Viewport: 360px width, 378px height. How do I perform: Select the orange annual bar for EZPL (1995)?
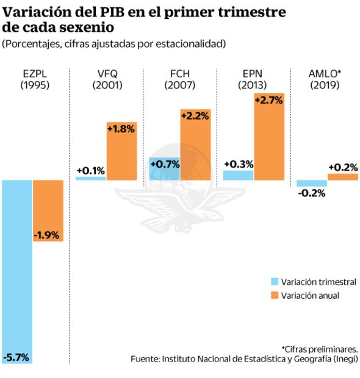(x=48, y=210)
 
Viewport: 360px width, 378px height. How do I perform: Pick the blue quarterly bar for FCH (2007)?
(x=164, y=168)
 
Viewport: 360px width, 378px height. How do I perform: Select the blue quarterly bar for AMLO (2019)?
(x=312, y=184)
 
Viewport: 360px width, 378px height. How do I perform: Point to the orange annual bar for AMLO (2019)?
(x=342, y=177)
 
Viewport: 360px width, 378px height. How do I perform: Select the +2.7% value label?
(x=269, y=101)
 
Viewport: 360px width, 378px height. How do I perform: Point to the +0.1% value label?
(x=90, y=170)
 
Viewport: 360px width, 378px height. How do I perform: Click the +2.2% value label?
(x=195, y=116)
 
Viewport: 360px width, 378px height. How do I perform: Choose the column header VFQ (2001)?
(x=107, y=79)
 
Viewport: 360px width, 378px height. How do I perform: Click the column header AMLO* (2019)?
(x=325, y=79)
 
